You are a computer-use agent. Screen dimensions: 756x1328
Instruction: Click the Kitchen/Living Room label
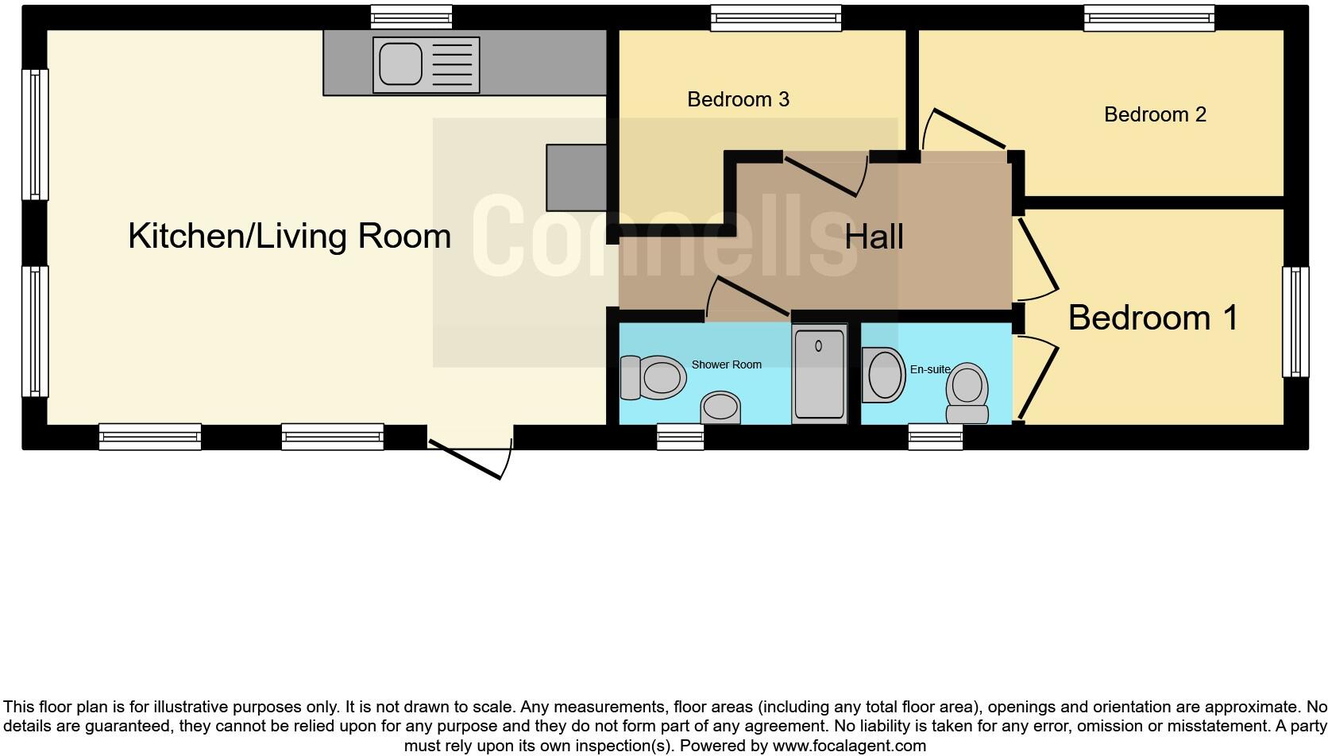tap(289, 236)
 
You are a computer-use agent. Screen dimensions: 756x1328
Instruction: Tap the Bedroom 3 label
tap(738, 99)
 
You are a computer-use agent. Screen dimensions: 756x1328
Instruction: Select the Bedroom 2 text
tap(1155, 114)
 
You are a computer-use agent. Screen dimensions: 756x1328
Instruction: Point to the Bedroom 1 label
tap(1152, 318)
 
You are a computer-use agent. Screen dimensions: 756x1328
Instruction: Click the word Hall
tap(874, 237)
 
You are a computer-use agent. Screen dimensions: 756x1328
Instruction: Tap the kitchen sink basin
tap(400, 64)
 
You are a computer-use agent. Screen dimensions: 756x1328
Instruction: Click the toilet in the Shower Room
tap(654, 377)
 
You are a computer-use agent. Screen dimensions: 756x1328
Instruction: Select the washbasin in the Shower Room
tap(720, 407)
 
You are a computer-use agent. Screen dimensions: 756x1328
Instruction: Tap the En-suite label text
tap(930, 369)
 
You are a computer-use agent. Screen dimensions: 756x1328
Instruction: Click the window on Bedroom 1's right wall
tap(1295, 322)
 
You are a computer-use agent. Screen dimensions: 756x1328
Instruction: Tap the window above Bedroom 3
tap(775, 17)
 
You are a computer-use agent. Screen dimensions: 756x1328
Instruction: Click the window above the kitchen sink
tap(411, 17)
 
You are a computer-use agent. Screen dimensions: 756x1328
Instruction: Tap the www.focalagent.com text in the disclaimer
tap(848, 746)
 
